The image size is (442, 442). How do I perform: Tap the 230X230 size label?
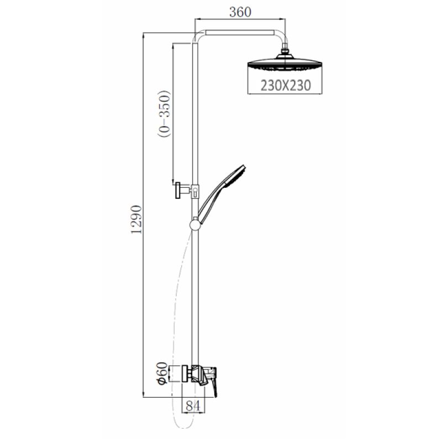(x=283, y=86)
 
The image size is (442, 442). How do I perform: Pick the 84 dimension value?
(x=193, y=406)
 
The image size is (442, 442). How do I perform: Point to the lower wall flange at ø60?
(x=176, y=375)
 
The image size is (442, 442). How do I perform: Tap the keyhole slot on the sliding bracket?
(x=194, y=191)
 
